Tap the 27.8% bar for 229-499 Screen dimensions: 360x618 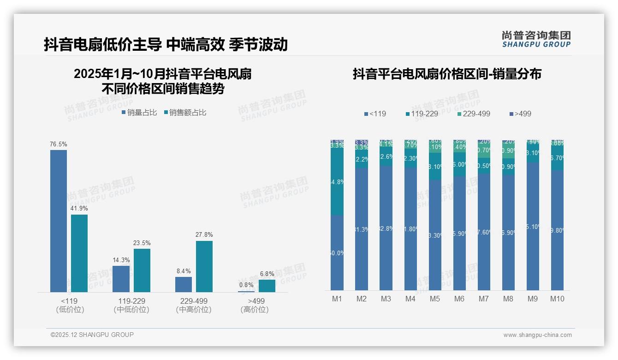point(204,266)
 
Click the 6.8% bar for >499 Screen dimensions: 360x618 point(267,286)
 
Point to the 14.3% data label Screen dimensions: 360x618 point(121,260)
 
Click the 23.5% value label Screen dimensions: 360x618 point(142,243)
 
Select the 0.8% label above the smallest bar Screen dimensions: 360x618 point(246,285)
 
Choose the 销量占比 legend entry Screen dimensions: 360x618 point(139,113)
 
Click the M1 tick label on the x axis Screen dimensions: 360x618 point(337,299)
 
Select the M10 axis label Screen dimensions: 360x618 point(557,299)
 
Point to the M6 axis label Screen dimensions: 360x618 point(459,299)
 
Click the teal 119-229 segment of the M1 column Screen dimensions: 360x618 point(337,182)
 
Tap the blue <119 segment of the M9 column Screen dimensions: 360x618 point(533,226)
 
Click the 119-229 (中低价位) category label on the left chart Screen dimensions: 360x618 point(131,305)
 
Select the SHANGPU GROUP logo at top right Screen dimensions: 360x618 point(536,39)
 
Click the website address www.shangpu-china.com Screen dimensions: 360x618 point(537,335)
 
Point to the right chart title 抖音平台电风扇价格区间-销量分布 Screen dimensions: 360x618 point(447,74)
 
